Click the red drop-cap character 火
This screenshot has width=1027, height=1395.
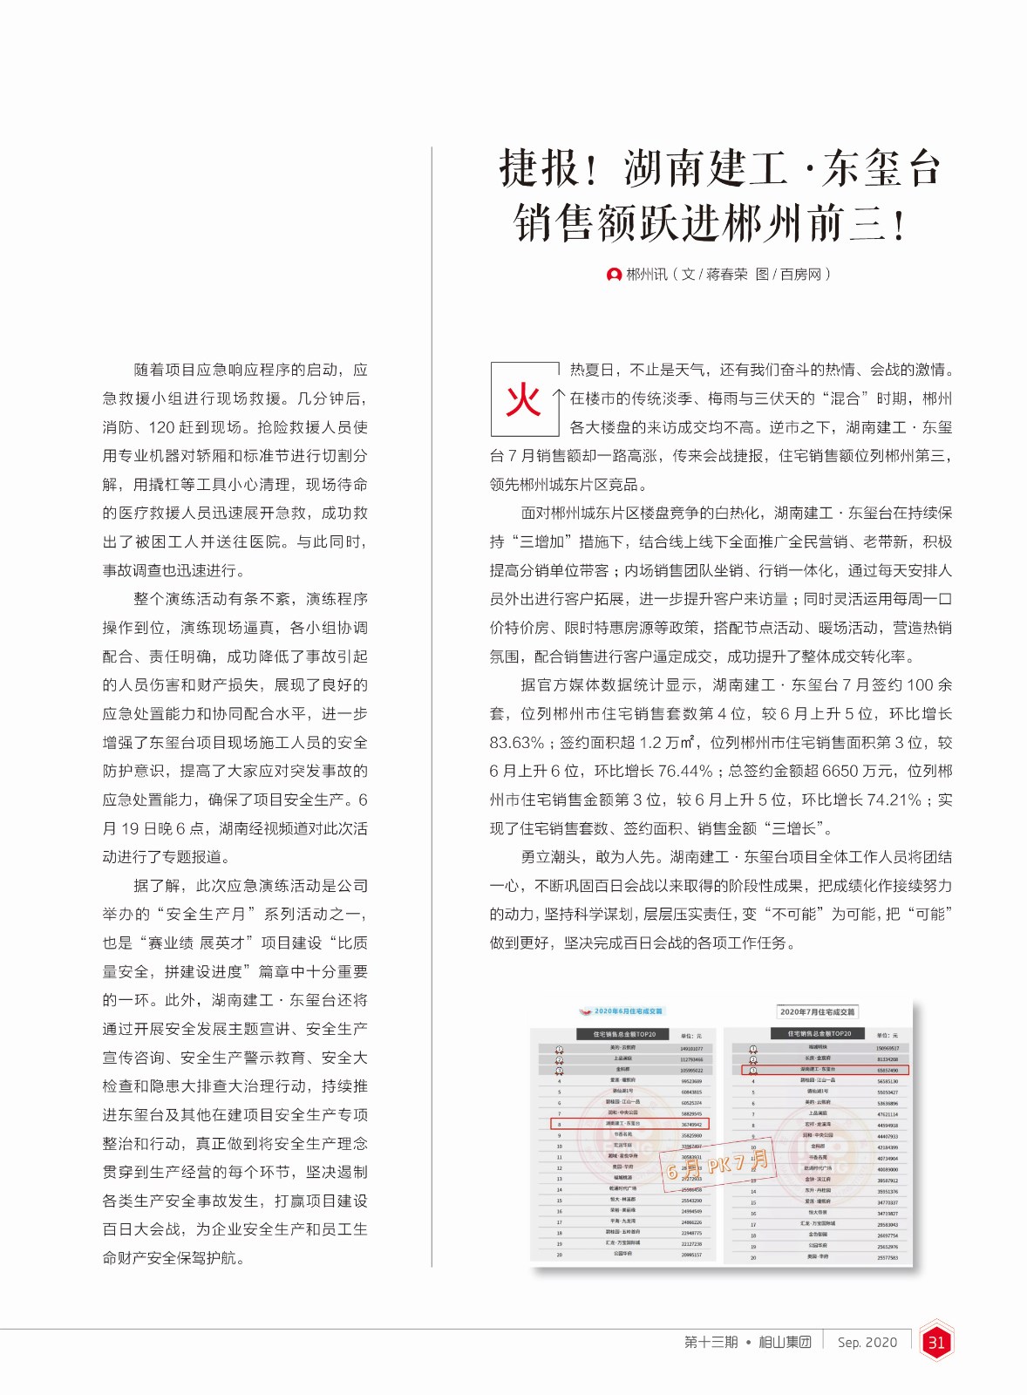click(524, 400)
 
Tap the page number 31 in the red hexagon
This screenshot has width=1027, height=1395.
click(936, 1343)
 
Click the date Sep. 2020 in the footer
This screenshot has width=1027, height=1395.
click(867, 1343)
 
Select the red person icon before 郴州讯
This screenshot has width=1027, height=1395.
click(614, 275)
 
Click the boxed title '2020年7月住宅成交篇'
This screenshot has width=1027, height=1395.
click(817, 1012)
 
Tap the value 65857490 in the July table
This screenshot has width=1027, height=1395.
click(888, 1070)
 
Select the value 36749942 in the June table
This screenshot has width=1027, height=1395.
click(691, 1124)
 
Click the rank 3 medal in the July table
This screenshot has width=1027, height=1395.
click(753, 1070)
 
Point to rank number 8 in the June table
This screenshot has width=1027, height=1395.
click(560, 1125)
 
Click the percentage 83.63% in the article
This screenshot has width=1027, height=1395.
click(516, 743)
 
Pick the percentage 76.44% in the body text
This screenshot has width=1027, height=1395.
click(685, 772)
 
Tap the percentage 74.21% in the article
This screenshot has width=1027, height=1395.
click(891, 800)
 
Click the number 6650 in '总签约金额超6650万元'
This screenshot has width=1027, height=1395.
click(839, 772)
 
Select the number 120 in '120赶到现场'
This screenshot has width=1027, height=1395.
click(164, 428)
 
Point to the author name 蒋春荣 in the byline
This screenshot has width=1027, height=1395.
click(726, 275)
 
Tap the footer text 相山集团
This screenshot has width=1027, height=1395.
click(785, 1343)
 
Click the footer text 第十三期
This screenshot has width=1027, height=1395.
click(711, 1343)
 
